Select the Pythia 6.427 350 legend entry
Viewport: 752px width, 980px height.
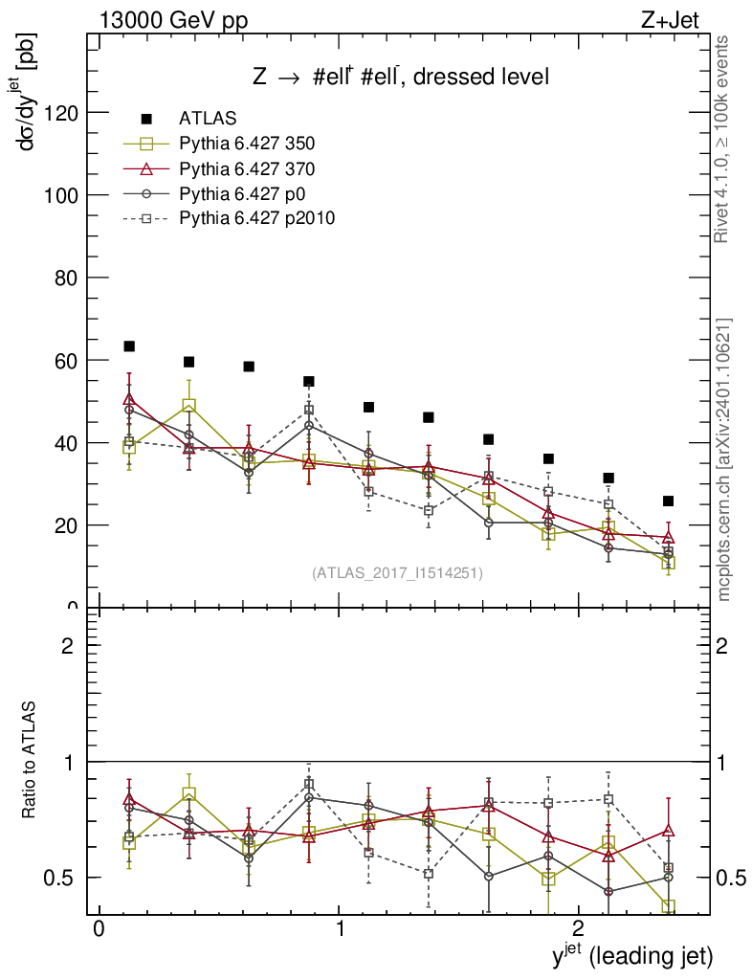247,144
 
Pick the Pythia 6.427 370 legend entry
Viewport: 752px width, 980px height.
247,168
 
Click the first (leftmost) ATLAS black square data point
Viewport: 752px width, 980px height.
129,346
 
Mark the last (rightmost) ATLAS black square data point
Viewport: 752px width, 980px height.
669,501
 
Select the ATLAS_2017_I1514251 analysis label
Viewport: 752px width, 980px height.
397,573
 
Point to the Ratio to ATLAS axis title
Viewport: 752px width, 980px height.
30,761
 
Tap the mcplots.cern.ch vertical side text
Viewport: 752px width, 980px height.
723,459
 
